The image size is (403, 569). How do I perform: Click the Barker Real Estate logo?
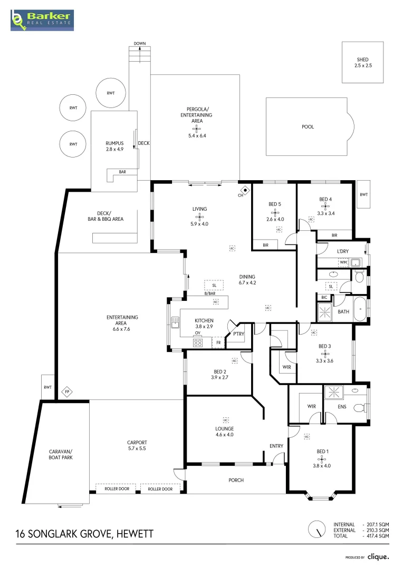(x=43, y=19)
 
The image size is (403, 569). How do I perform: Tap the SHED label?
(x=362, y=60)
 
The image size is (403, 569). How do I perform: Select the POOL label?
(x=307, y=127)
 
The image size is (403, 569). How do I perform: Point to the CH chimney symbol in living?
(x=245, y=190)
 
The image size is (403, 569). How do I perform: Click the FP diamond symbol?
(x=66, y=392)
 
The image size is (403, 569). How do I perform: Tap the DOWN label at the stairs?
(x=140, y=43)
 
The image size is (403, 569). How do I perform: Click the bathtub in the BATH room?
(x=360, y=310)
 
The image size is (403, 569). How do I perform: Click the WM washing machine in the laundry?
(x=343, y=262)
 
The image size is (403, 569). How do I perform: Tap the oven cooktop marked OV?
(x=198, y=342)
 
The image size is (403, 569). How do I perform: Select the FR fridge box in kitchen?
(x=218, y=344)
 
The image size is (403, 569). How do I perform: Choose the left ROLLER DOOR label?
(x=116, y=489)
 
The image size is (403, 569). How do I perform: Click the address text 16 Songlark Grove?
(x=84, y=534)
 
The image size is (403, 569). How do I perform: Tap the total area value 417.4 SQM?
(x=376, y=536)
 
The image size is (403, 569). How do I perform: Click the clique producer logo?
(x=378, y=556)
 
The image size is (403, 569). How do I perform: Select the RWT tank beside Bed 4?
(x=363, y=194)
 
